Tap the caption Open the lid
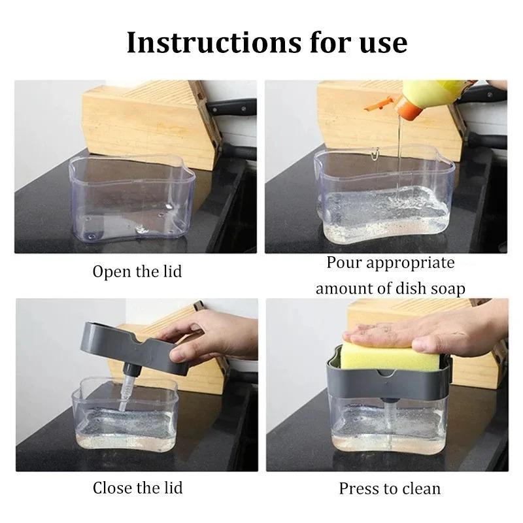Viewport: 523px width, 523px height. [137, 271]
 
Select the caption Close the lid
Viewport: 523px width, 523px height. [137, 487]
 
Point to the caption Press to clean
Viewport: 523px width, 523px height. [390, 488]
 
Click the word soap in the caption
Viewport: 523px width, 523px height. [443, 288]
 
